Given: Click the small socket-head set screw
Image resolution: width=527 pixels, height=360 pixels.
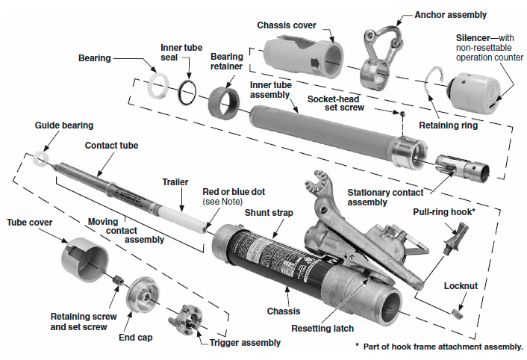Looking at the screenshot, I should click(x=403, y=114).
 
